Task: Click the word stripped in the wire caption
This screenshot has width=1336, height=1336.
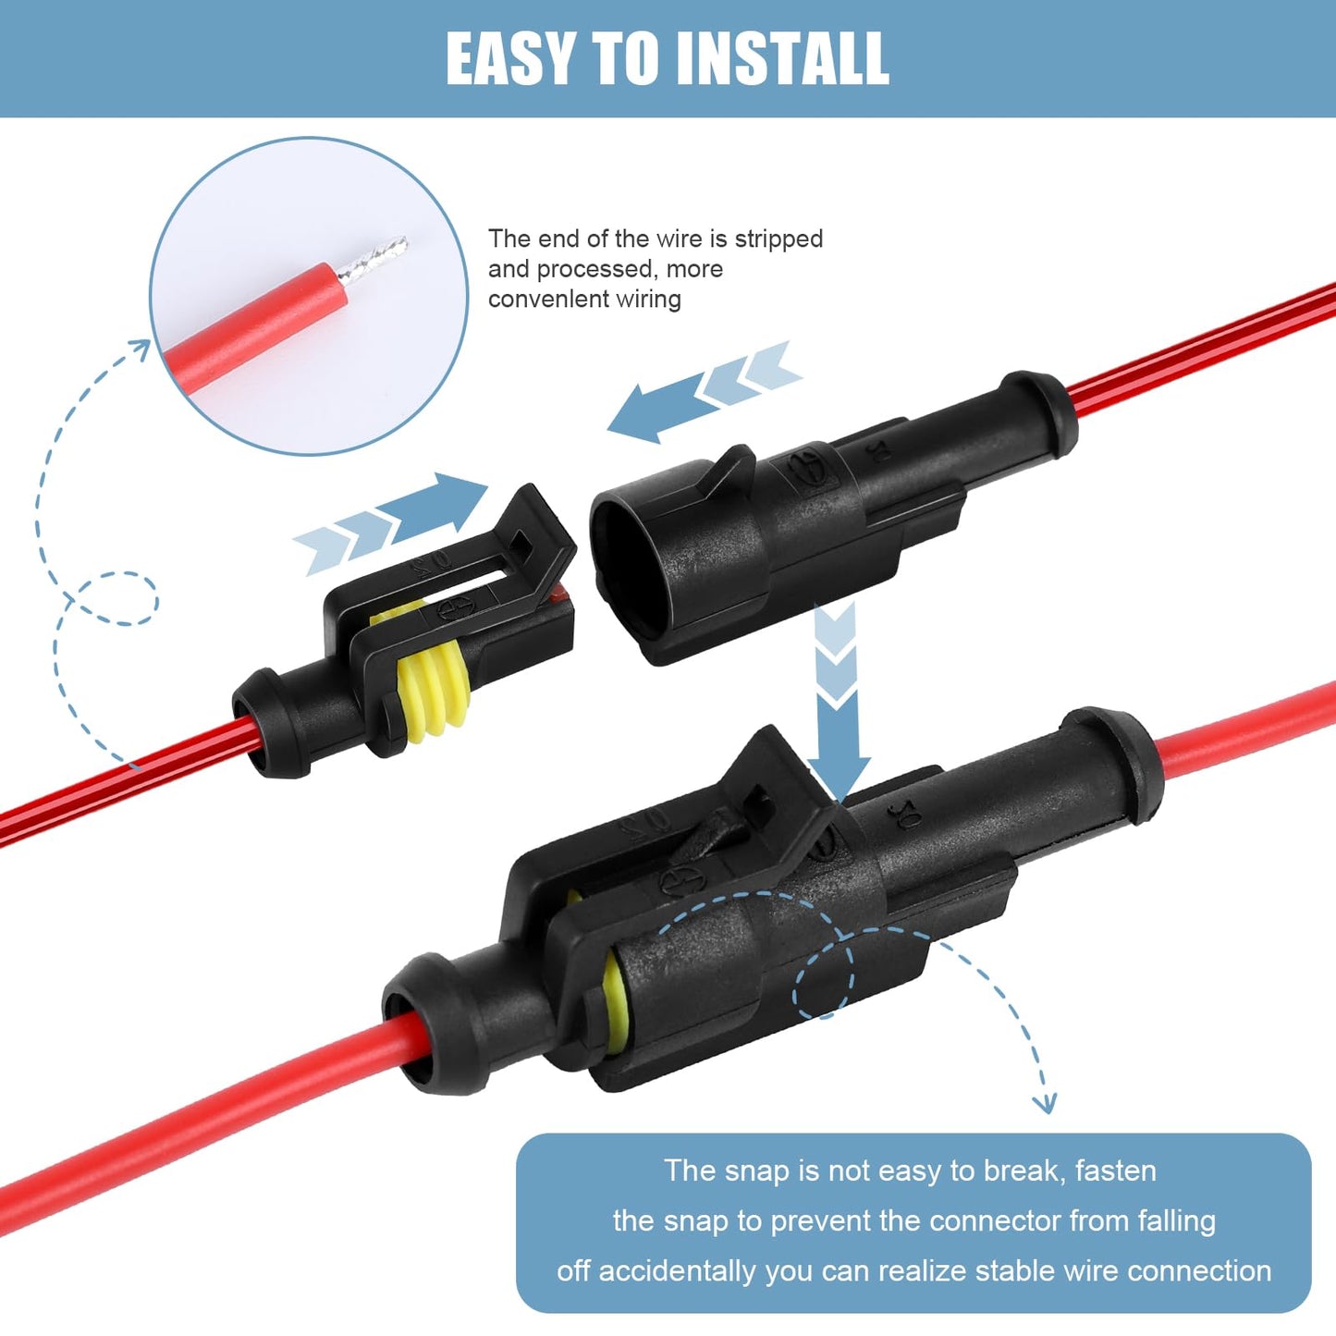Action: coord(778,239)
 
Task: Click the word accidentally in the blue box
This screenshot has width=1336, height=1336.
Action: coord(679,1270)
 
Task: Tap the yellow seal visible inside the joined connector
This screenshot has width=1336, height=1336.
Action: coord(613,1007)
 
